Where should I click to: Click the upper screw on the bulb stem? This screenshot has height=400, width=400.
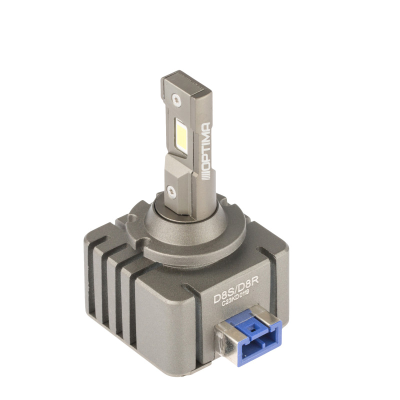[x=176, y=99]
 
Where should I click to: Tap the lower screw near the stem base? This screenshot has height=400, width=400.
[x=170, y=190]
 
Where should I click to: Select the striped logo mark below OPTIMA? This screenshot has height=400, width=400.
[x=206, y=175]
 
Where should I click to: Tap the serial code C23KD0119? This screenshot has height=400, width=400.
[x=235, y=298]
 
